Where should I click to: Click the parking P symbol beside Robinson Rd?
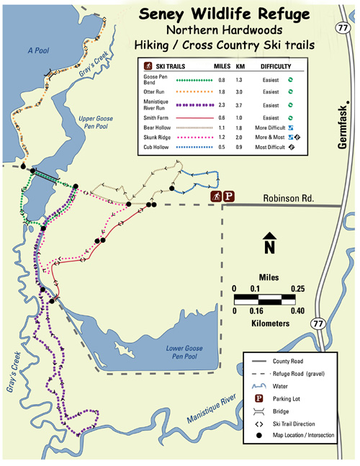(230, 196)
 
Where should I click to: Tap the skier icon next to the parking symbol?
(215, 196)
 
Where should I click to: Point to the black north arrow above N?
(269, 238)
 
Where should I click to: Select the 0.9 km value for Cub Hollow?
(241, 146)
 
